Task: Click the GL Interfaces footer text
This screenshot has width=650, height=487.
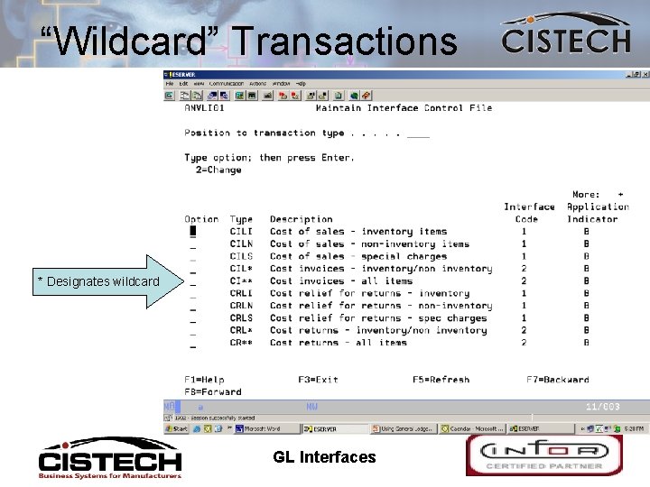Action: tap(324, 457)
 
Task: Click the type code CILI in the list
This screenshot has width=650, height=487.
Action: tap(241, 232)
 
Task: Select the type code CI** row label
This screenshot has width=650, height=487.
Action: tap(241, 281)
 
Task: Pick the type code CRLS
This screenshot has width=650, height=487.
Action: tap(241, 318)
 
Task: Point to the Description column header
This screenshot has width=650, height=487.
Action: tap(301, 219)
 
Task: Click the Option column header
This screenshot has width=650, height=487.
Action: tap(201, 219)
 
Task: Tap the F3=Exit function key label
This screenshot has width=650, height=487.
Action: tap(318, 380)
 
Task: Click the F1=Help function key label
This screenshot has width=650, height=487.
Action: tap(204, 380)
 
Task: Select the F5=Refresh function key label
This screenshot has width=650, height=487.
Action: tap(441, 380)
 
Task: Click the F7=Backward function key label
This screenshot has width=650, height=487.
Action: tap(557, 380)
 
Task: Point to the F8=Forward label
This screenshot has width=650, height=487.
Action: tap(213, 392)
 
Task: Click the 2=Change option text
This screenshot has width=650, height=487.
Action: tap(218, 170)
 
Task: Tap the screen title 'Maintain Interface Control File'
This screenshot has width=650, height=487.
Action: tap(404, 108)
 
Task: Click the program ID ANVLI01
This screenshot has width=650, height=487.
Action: tap(207, 108)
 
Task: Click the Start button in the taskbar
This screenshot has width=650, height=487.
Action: tap(177, 429)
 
